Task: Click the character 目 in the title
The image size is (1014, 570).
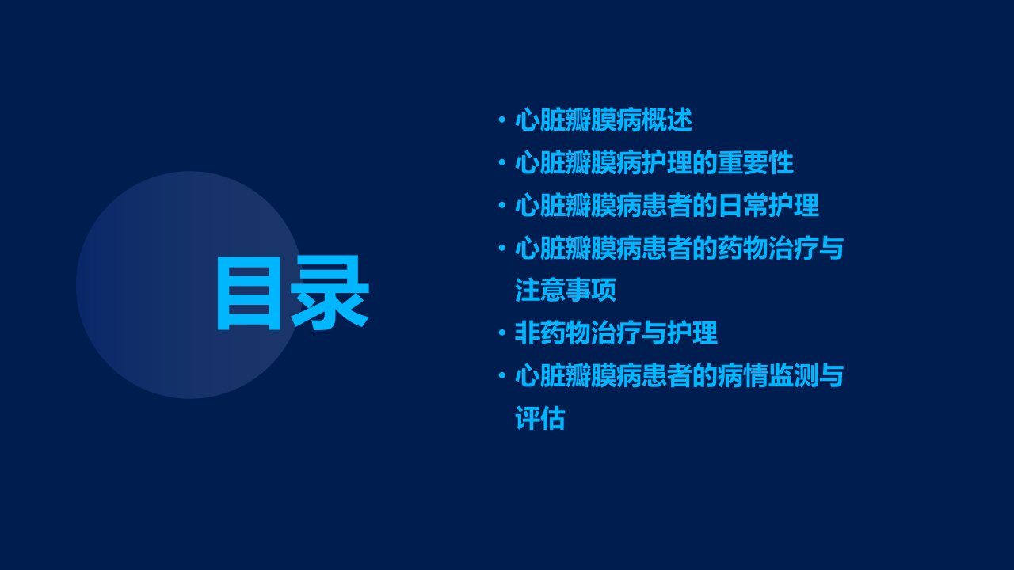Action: pyautogui.click(x=250, y=293)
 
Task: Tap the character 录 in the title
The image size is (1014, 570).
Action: pyautogui.click(x=330, y=293)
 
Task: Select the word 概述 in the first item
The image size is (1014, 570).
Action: pyautogui.click(x=667, y=120)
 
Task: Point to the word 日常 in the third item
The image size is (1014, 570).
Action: pyautogui.click(x=743, y=205)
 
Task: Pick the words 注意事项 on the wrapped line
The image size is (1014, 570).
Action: pyautogui.click(x=566, y=290)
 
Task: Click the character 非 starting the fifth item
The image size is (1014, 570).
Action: pyautogui.click(x=528, y=332)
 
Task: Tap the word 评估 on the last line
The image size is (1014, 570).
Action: pyautogui.click(x=540, y=418)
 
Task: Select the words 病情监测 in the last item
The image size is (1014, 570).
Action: pyautogui.click(x=768, y=375)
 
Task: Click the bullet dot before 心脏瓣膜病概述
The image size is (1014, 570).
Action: pyautogui.click(x=501, y=120)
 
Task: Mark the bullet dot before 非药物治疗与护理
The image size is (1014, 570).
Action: pyautogui.click(x=501, y=333)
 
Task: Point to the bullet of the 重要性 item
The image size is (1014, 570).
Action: pyautogui.click(x=501, y=162)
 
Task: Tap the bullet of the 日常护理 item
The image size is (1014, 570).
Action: pyautogui.click(x=501, y=205)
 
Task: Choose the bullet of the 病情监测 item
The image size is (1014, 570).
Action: pyautogui.click(x=501, y=375)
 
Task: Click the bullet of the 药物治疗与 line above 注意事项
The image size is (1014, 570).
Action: pyautogui.click(x=501, y=248)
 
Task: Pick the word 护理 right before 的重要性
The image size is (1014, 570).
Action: pyautogui.click(x=667, y=163)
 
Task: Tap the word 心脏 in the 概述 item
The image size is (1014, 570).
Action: pyautogui.click(x=540, y=120)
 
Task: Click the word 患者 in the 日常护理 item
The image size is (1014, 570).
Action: pyautogui.click(x=667, y=205)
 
